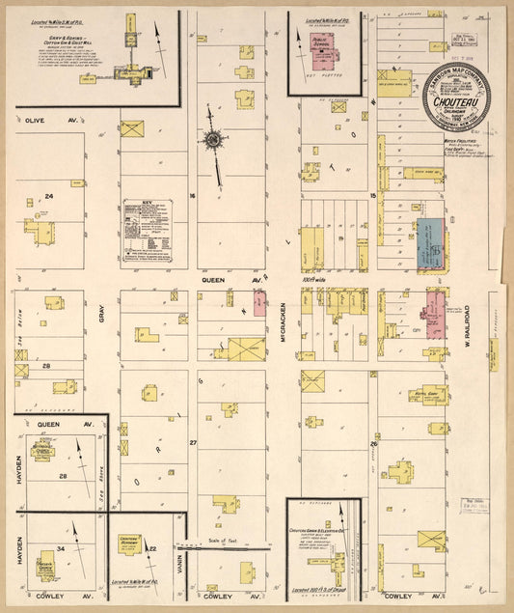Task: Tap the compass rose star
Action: [212, 139]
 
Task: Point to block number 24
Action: [47, 196]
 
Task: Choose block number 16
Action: [192, 196]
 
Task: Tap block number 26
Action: [372, 443]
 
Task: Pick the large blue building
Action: [430, 243]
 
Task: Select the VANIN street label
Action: [180, 561]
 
